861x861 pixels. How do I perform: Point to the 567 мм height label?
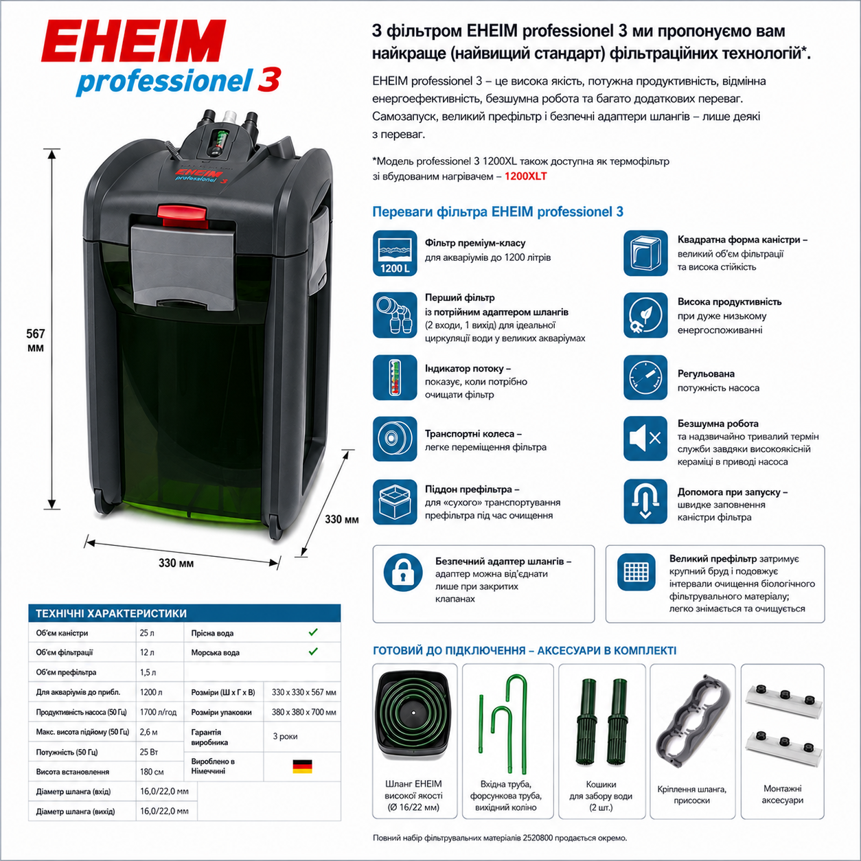click(x=35, y=341)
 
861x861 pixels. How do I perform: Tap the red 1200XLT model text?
click(x=525, y=176)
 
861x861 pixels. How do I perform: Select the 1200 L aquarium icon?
click(x=395, y=253)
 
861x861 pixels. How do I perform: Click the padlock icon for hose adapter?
click(x=403, y=573)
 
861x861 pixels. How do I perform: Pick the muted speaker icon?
click(x=645, y=439)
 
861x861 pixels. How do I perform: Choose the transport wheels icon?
click(x=395, y=439)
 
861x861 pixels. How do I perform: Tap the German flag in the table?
click(x=303, y=767)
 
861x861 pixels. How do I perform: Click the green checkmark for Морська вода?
click(x=313, y=652)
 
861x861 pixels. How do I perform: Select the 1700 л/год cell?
click(x=158, y=712)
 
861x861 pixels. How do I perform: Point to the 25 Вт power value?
click(x=149, y=752)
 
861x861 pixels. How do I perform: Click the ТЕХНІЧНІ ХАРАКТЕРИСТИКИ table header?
click(x=111, y=613)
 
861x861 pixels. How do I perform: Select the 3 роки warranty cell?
click(x=285, y=736)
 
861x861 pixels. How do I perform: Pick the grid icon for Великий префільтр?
click(x=636, y=571)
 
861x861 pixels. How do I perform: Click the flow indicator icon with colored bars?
click(x=395, y=378)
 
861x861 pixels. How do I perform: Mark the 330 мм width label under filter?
click(x=176, y=563)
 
